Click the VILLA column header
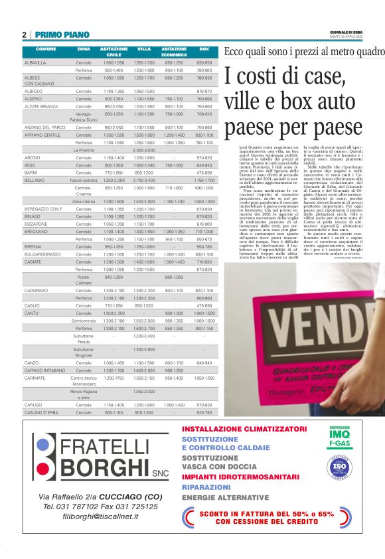pos(144,50)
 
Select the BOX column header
pos(204,50)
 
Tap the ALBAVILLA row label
pos(35,62)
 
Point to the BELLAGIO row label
pos(35,180)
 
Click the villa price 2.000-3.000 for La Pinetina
pos(144,151)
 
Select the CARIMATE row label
pos(35,378)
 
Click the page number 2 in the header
pos(24,35)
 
